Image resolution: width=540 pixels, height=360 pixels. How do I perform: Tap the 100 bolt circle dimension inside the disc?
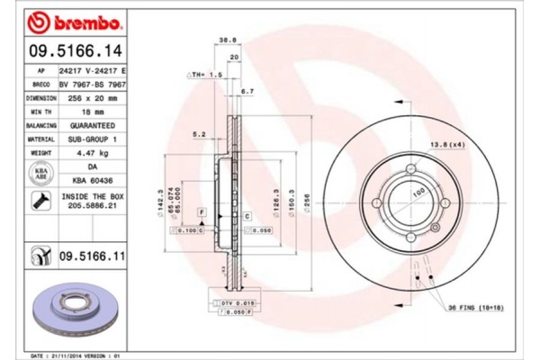pos(416,192)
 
